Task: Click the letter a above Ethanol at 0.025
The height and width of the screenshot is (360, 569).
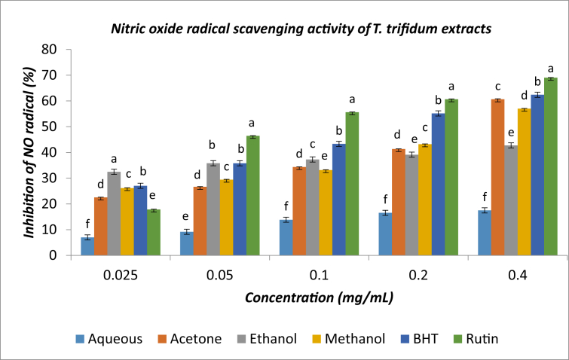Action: (x=114, y=159)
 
